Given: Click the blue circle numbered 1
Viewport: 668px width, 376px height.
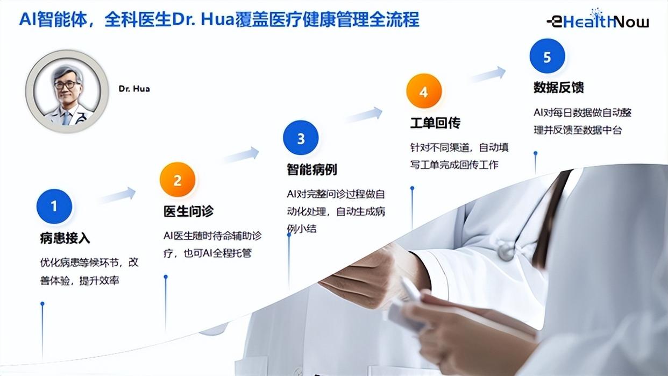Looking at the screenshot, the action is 54,207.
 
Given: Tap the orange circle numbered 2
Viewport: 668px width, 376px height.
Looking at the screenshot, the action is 177,180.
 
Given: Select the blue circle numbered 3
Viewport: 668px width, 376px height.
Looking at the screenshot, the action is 301,138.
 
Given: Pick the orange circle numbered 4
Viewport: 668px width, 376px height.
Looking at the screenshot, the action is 424,91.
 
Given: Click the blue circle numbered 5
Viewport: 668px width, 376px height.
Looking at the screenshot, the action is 547,56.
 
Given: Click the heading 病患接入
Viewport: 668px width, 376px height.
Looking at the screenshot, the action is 65,238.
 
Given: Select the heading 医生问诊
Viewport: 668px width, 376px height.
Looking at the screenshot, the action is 188,211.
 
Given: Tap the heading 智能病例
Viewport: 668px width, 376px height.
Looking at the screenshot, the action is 312,169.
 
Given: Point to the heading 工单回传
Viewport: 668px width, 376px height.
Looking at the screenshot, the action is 436,123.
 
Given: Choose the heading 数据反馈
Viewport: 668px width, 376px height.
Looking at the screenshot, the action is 559,87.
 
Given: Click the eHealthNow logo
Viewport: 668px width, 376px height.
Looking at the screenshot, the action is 598,19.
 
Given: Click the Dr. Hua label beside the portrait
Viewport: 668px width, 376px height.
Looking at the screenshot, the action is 134,89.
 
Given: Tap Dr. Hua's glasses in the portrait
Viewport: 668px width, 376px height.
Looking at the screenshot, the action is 67,84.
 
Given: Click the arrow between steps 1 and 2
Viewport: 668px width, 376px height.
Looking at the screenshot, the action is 117,195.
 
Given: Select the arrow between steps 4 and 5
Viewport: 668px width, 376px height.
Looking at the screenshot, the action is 487,74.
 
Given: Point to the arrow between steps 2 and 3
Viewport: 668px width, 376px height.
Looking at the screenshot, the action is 240,154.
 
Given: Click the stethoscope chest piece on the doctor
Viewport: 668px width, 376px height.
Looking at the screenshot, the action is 506,251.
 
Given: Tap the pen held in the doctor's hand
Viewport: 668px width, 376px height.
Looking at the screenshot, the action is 411,289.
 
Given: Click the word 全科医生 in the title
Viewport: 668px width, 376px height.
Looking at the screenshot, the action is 138,20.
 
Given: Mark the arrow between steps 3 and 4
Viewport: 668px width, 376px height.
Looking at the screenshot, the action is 364,115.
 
